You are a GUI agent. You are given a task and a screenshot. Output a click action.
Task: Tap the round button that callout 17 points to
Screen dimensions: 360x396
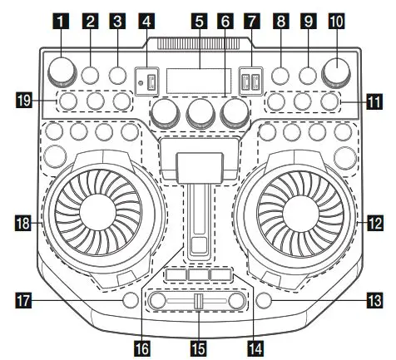(x=128, y=299)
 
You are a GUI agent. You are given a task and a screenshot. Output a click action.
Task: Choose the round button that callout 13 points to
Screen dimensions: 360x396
(x=265, y=299)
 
